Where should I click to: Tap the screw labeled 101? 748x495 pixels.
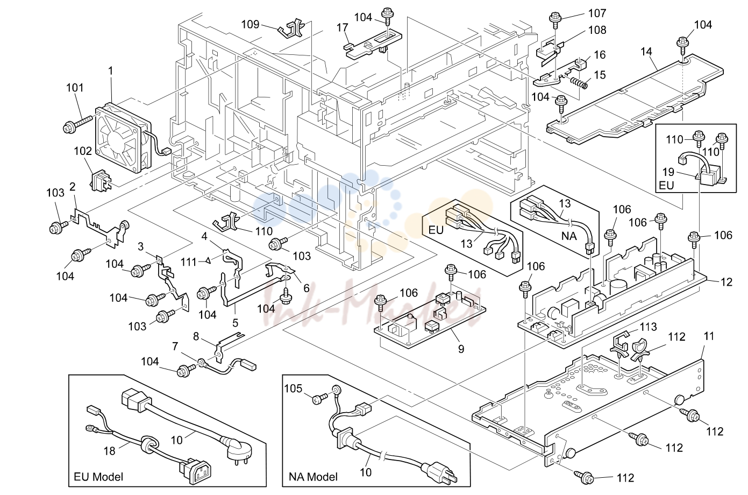tap(77, 123)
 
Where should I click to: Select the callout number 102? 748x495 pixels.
tap(83, 151)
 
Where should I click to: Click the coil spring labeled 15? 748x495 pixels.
tap(579, 83)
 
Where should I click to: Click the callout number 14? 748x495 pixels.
tap(646, 52)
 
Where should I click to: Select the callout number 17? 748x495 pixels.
tap(343, 28)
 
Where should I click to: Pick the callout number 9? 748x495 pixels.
tap(461, 349)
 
